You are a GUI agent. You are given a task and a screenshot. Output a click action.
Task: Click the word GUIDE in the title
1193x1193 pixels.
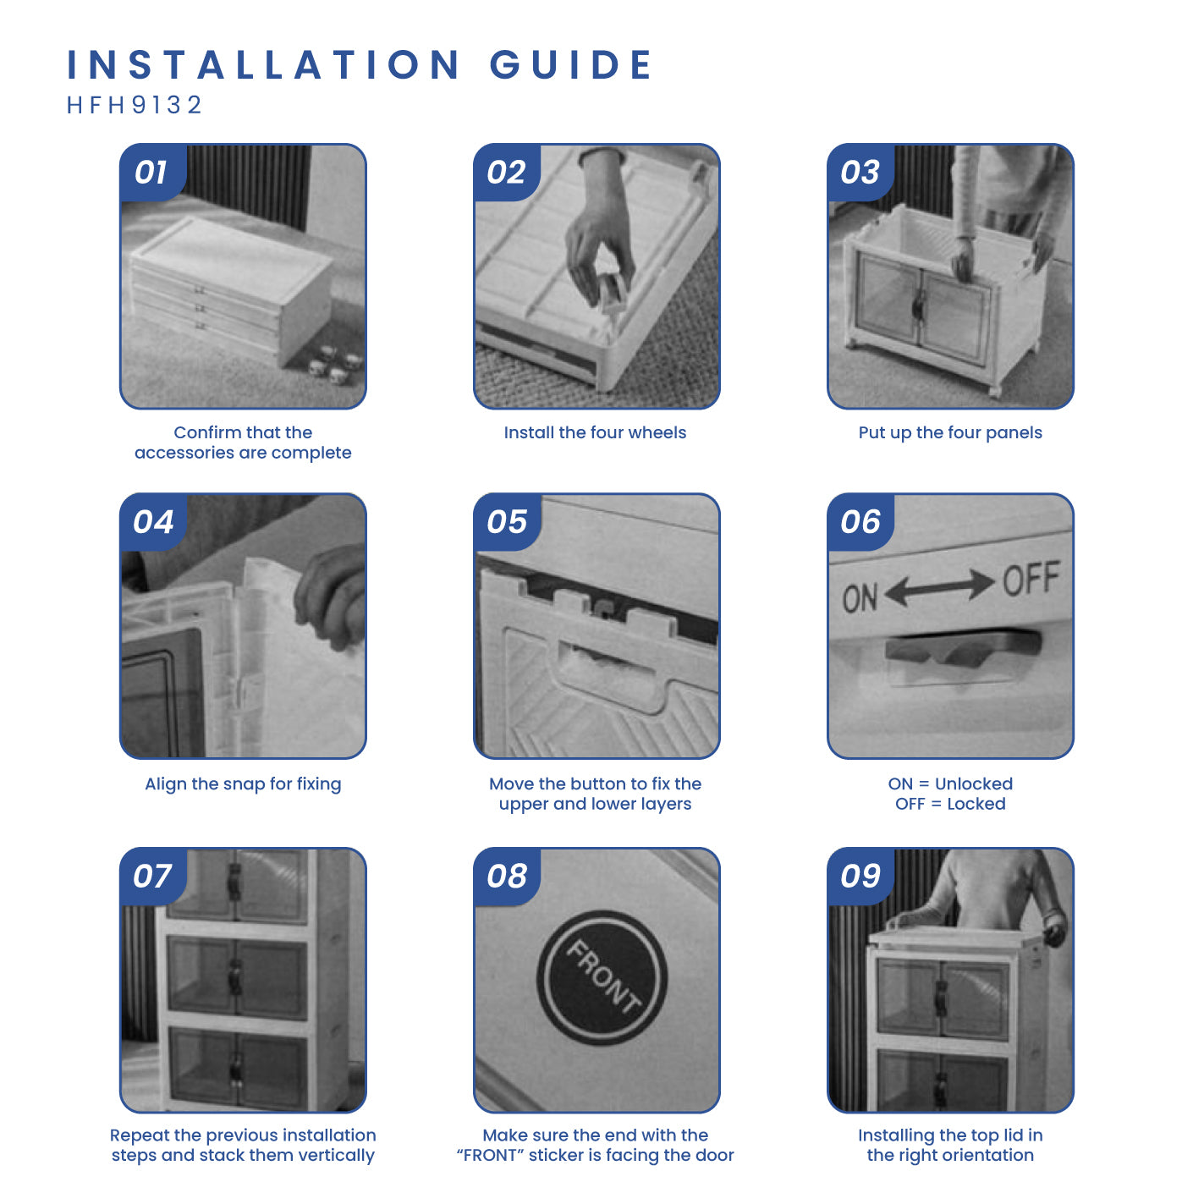pyautogui.click(x=571, y=64)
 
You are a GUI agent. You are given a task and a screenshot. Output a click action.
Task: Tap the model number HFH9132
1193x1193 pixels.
pyautogui.click(x=135, y=105)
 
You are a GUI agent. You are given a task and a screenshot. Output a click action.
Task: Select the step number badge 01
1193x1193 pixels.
pyautogui.click(x=152, y=172)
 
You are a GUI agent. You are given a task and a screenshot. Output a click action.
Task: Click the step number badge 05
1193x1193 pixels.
pyautogui.click(x=507, y=521)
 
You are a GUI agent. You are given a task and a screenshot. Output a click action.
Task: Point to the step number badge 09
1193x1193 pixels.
pyautogui.click(x=860, y=876)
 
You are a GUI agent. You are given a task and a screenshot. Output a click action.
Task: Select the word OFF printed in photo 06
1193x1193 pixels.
pyautogui.click(x=1031, y=578)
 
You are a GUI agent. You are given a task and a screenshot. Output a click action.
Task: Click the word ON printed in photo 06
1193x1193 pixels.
pyautogui.click(x=860, y=598)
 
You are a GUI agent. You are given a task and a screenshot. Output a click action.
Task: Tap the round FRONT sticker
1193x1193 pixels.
pyautogui.click(x=602, y=977)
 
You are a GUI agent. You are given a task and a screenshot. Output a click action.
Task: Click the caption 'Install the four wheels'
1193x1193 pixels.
pyautogui.click(x=595, y=432)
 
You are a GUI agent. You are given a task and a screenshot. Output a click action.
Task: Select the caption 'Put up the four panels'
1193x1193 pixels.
pyautogui.click(x=950, y=432)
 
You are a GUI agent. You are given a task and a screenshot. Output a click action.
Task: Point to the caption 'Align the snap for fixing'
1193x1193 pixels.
pyautogui.click(x=243, y=783)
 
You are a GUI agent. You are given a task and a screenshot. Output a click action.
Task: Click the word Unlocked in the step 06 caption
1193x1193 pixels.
pyautogui.click(x=974, y=783)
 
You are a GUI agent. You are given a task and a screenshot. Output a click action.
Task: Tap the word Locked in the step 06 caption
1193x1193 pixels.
pyautogui.click(x=976, y=804)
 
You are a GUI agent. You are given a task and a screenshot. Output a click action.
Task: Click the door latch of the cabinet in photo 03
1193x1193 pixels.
pyautogui.click(x=920, y=304)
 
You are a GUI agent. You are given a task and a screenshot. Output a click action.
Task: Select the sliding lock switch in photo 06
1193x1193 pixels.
pyautogui.click(x=964, y=646)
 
